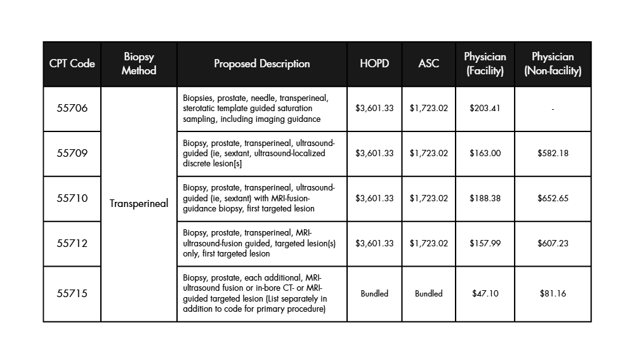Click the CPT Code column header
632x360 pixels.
(72, 63)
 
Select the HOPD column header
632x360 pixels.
(374, 63)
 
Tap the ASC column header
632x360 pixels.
(428, 63)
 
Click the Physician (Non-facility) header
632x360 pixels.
(553, 63)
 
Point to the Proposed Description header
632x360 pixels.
(261, 63)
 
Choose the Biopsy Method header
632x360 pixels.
(138, 63)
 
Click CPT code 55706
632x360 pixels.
(72, 108)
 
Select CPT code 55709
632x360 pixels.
(72, 153)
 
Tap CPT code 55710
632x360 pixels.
(72, 198)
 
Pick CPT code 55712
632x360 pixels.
(72, 243)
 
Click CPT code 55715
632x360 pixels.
(72, 293)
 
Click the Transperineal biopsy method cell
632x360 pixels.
(138, 203)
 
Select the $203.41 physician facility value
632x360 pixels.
(485, 108)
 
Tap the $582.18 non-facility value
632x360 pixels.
(553, 153)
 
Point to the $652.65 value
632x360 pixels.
(553, 198)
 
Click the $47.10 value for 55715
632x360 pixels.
(485, 293)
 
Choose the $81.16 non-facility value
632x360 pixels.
(553, 293)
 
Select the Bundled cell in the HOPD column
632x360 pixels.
(374, 293)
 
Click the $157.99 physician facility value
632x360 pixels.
(485, 243)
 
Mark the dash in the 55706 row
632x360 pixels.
(553, 109)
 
